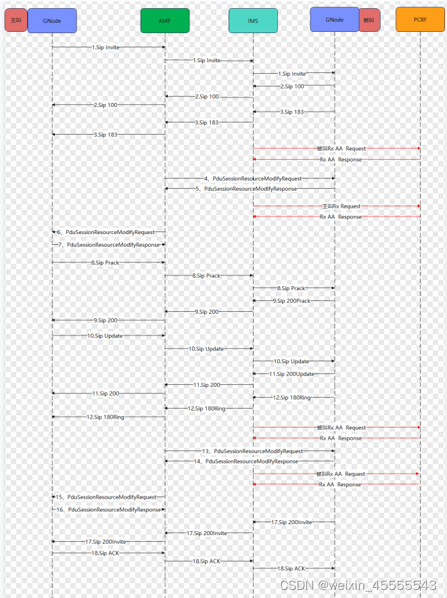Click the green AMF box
pyautogui.click(x=164, y=20)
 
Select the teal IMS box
pyautogui.click(x=253, y=20)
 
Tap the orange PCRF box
pyautogui.click(x=420, y=20)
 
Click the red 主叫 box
pyautogui.click(x=16, y=20)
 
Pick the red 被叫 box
pyautogui.click(x=369, y=20)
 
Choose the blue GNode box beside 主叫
pyautogui.click(x=52, y=20)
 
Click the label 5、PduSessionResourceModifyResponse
pyautogui.click(x=250, y=189)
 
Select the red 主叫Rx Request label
pyautogui.click(x=342, y=206)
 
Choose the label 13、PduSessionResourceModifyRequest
pyautogui.click(x=253, y=451)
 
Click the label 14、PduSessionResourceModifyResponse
pyautogui.click(x=251, y=461)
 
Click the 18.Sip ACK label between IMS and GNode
pyautogui.click(x=291, y=568)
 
